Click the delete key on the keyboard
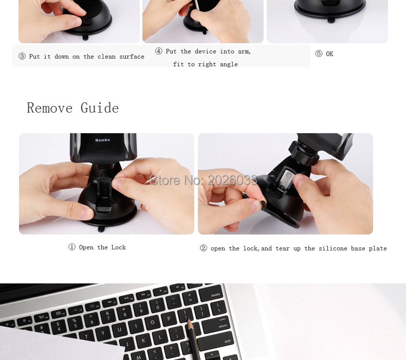click(x=211, y=293)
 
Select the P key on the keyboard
click(x=169, y=318)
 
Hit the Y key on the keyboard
click(x=103, y=333)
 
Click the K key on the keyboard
click(x=143, y=340)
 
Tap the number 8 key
click(x=124, y=312)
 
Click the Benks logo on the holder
click(x=103, y=140)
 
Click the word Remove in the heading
click(x=49, y=108)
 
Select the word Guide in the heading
click(x=100, y=108)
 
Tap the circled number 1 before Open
click(x=72, y=247)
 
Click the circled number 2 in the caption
click(x=204, y=248)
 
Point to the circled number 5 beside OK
click(x=319, y=53)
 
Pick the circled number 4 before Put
click(x=158, y=51)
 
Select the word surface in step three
click(x=132, y=57)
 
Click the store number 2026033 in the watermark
click(x=232, y=180)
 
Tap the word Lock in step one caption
click(x=119, y=247)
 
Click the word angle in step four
click(x=229, y=64)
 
